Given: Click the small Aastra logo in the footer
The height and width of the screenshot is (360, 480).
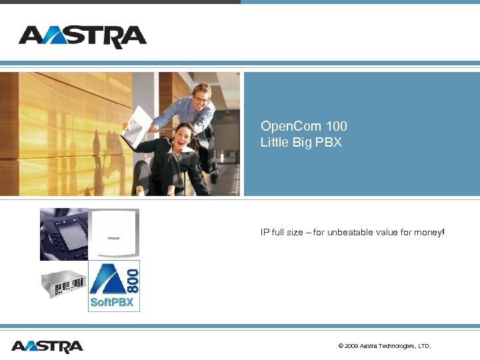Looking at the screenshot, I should coord(47,347).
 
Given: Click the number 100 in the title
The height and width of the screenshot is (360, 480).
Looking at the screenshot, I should coord(337,126).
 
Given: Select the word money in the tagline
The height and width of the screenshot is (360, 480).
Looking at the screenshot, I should coord(427,233).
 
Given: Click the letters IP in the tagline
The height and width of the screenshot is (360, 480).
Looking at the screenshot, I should coord(264,233).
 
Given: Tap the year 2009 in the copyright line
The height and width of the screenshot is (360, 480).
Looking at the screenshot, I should coord(351,346).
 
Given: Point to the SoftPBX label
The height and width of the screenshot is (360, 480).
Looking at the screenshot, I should coord(111,303).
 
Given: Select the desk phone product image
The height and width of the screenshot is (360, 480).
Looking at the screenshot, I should coord(63,234).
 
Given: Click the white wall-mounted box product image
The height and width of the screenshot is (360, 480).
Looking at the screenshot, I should coord(114,233).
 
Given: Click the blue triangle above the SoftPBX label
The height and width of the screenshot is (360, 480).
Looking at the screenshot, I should coord(106,279).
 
